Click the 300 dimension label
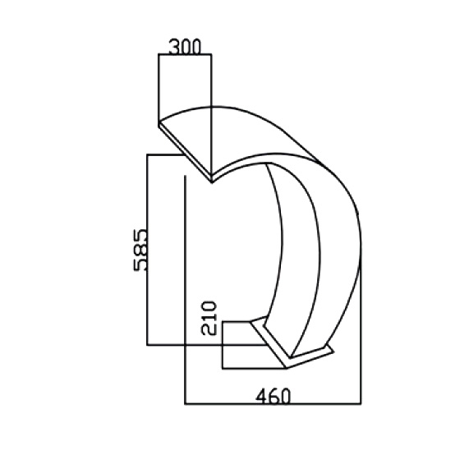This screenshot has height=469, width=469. click(185, 47)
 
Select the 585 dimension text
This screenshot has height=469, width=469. click(140, 250)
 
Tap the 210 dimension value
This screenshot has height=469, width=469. click(209, 318)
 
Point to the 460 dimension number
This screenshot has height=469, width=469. click(273, 396)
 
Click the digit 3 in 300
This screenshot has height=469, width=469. click(174, 47)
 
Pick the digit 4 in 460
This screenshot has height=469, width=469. click(261, 396)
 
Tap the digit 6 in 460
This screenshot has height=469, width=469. click(273, 396)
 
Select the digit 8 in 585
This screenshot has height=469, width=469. click(140, 250)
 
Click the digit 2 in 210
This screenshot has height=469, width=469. click(209, 330)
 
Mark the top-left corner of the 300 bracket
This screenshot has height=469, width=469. click(159, 54)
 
